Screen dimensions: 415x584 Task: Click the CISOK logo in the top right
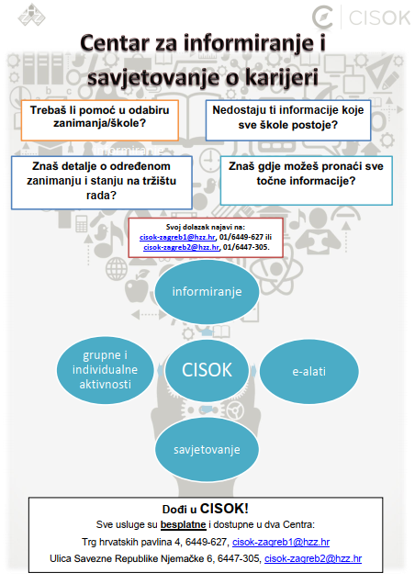361,17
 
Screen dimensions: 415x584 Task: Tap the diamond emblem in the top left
31,16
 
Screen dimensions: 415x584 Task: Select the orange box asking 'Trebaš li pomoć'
100,120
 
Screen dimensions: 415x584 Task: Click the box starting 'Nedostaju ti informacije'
288,120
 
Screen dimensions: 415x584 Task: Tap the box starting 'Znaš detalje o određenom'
102,183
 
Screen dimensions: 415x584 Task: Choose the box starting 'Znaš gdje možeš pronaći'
307,181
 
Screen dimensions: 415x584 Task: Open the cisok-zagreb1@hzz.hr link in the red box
177,237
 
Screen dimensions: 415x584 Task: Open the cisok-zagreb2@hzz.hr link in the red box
182,247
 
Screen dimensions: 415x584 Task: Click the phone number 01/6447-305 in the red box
245,247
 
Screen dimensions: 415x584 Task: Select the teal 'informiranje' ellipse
207,292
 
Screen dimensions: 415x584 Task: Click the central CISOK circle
207,370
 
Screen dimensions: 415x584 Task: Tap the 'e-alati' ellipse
309,371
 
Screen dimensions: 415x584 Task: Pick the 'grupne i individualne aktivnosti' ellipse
105,370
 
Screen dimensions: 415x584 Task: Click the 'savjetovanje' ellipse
207,450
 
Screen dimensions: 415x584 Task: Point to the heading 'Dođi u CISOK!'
206,509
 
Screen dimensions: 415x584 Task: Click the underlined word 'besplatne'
184,525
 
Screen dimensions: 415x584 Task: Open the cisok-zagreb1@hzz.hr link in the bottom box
281,542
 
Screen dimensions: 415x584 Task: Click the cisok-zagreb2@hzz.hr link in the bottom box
313,558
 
